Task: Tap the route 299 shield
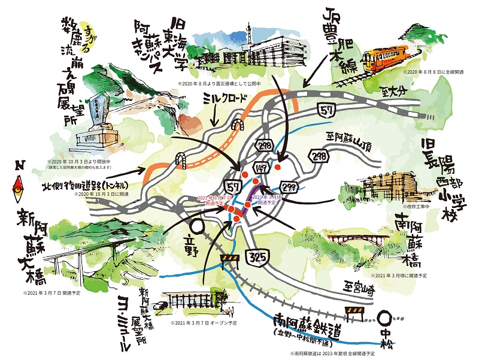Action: coord(289,186)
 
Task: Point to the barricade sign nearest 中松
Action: coord(354,311)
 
